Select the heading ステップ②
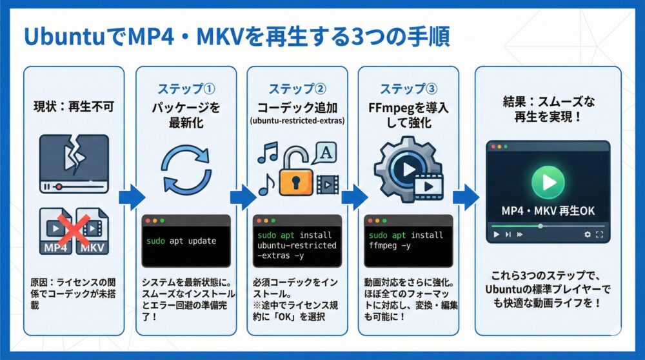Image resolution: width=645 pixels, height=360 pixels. coord(297,89)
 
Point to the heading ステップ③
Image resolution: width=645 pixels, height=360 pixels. coord(408,89)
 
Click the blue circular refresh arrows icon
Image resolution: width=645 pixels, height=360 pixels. coord(186,170)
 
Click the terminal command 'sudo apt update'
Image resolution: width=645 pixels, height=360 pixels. coord(181,241)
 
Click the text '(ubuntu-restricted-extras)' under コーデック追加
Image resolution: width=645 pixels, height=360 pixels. coord(297,119)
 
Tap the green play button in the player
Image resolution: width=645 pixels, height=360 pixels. coord(548,182)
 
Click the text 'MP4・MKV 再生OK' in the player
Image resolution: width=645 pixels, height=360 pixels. coord(548,211)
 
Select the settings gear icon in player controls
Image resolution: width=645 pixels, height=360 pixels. coord(587,235)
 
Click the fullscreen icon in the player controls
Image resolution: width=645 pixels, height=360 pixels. coord(600,235)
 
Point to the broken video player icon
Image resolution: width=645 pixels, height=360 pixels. coord(74,164)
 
